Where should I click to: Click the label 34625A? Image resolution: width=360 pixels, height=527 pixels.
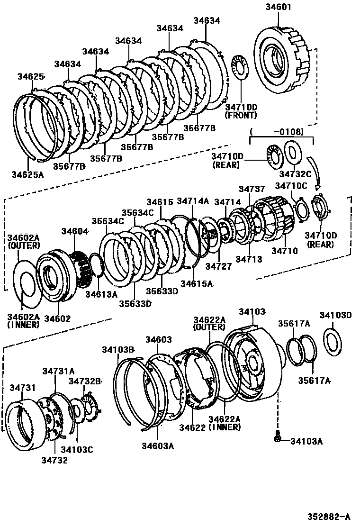(x=27, y=175)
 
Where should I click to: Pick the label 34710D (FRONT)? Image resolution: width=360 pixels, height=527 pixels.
(x=241, y=111)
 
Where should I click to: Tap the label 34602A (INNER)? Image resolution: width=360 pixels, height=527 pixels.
(x=22, y=320)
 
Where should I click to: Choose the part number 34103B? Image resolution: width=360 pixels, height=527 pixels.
(x=118, y=350)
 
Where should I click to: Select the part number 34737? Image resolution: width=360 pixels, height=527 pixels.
(x=252, y=189)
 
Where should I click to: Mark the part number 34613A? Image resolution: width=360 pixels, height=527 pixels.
(x=101, y=294)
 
